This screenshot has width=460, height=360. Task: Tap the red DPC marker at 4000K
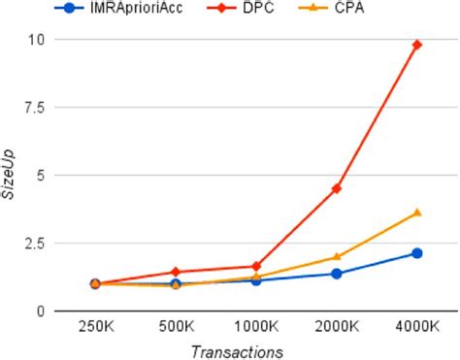416,45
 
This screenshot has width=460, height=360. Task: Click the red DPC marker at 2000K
337,188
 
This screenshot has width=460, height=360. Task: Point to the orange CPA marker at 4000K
416,213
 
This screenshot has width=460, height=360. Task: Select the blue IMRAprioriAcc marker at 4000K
416,253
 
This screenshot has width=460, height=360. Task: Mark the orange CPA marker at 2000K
337,257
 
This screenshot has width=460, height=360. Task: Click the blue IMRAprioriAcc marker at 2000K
337,274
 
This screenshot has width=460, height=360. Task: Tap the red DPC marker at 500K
176,272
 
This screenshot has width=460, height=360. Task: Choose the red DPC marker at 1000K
256,266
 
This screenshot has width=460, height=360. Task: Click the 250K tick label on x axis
95,327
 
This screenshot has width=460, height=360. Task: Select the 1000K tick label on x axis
256,327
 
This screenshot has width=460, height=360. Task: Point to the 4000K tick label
416,327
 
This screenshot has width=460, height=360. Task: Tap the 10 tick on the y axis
37,39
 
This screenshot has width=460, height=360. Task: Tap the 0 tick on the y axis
41,311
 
